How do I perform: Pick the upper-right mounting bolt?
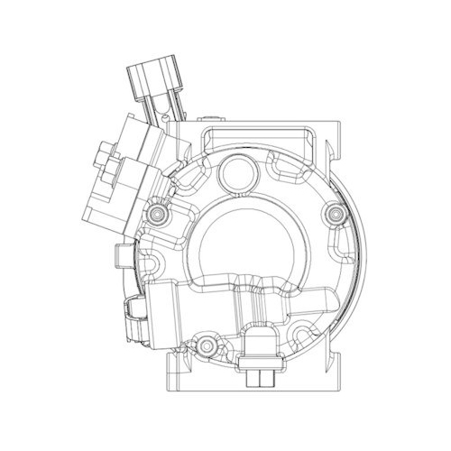pyautogui.click(x=336, y=213)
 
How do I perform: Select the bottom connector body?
pyautogui.click(x=262, y=346)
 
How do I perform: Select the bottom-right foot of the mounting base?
pyautogui.click(x=338, y=370)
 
